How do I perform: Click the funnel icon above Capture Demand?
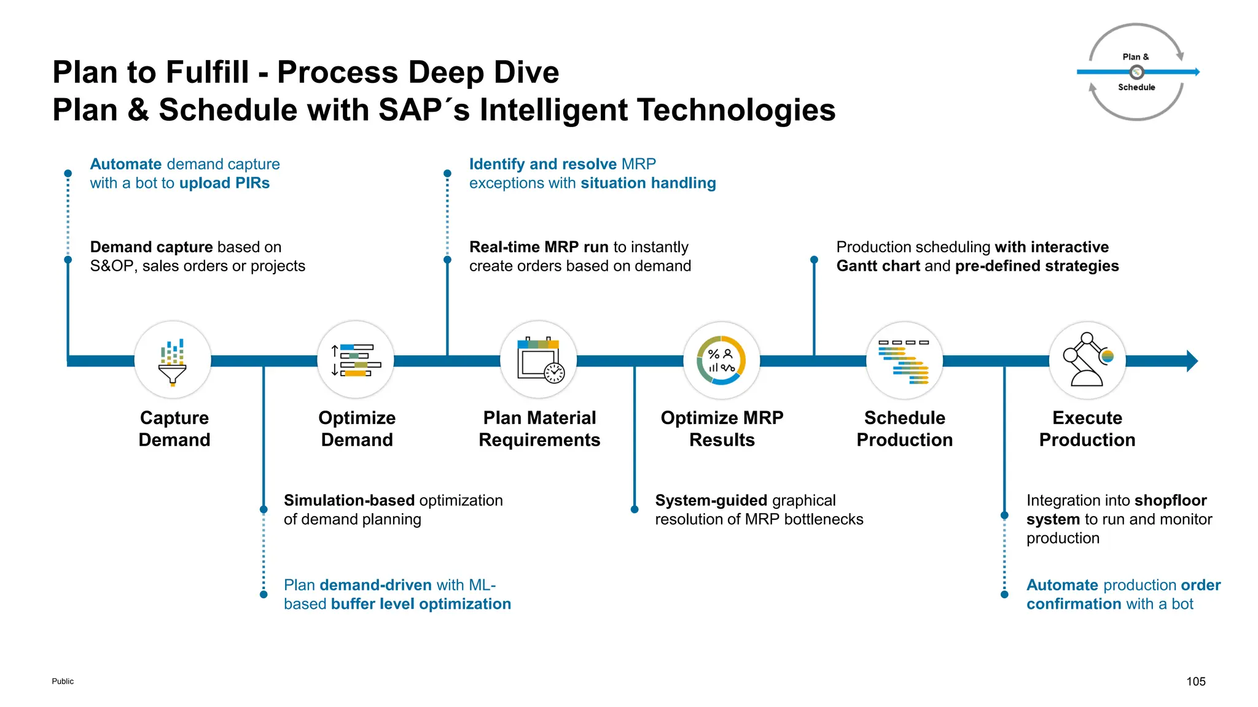173,361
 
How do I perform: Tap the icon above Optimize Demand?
356,361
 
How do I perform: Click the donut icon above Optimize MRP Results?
721,361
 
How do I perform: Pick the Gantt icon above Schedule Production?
904,361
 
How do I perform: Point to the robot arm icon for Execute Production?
1087,361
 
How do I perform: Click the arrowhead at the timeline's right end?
1192,361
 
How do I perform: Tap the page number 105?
1195,681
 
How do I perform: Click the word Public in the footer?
63,681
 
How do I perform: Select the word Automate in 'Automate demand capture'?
126,164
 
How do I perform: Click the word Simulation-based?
349,501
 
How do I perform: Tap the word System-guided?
711,501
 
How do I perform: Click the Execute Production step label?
1087,429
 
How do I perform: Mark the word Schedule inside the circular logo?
1136,88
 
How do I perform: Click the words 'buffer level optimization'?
421,605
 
